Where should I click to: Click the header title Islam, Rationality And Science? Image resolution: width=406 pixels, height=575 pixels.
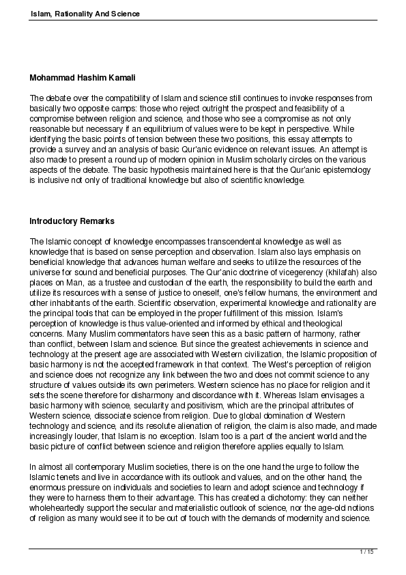(85, 14)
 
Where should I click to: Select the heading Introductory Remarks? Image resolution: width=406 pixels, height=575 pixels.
(72, 221)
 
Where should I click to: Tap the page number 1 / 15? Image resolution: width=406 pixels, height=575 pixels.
(368, 551)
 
